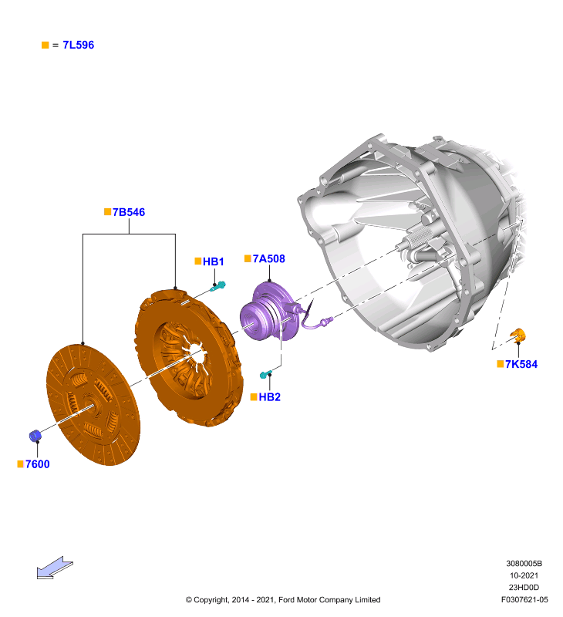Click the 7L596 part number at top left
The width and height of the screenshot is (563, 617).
point(79,45)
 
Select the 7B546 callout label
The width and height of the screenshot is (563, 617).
point(129,212)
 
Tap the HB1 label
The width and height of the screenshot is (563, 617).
point(213,261)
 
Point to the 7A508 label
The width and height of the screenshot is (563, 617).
point(268,258)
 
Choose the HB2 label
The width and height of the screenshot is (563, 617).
point(269,397)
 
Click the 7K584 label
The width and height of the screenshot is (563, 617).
point(521,364)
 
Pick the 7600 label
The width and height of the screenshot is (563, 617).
point(37,464)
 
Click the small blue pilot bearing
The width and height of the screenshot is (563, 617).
point(35,436)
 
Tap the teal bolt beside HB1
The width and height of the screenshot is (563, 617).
point(218,286)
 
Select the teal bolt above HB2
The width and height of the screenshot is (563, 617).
point(265,374)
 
